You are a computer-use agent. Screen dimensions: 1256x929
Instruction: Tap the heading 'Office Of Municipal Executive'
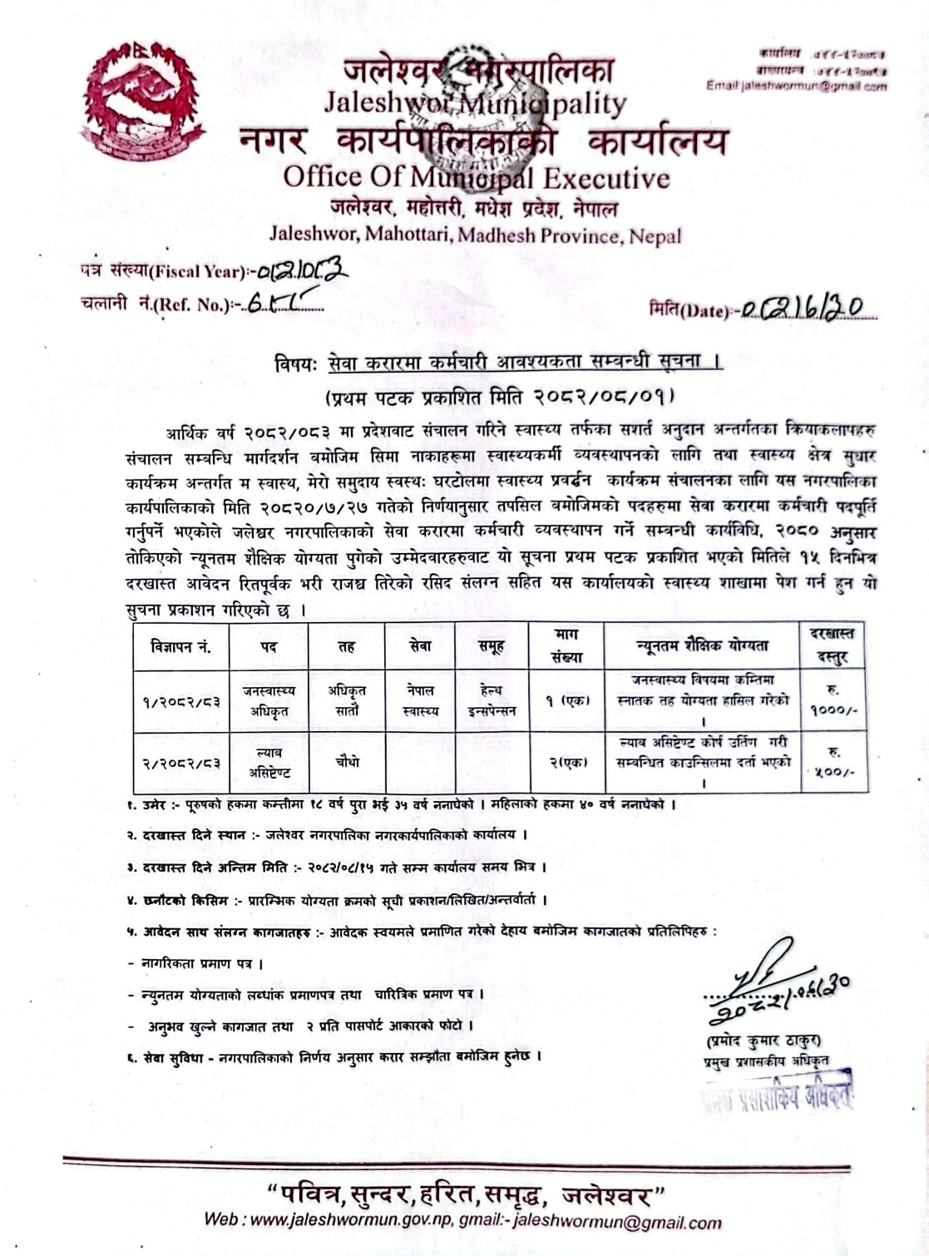click(476, 177)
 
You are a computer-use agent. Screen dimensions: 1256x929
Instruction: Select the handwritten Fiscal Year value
click(301, 269)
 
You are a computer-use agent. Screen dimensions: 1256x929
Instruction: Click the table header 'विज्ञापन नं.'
click(180, 646)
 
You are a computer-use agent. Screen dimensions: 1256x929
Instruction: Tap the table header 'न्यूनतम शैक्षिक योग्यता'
click(702, 645)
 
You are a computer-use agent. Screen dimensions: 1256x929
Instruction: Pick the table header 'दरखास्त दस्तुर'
click(832, 646)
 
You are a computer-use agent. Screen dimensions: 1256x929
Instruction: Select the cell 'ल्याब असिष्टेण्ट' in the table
click(269, 762)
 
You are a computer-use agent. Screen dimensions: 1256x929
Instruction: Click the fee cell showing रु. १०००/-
click(832, 700)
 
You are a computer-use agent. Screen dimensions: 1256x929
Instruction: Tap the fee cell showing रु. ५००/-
click(832, 762)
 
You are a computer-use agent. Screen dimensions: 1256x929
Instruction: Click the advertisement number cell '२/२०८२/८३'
click(180, 762)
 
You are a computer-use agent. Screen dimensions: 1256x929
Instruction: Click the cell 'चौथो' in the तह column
click(347, 761)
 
